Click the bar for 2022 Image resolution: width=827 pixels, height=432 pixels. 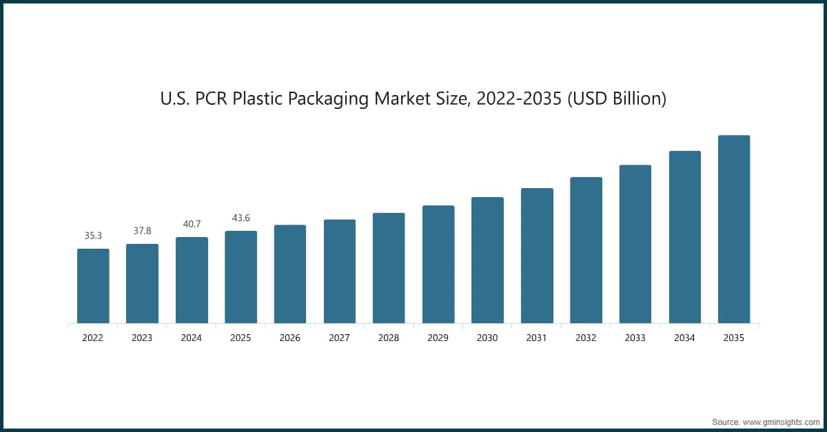pyautogui.click(x=93, y=286)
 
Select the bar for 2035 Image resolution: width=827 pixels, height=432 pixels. pyautogui.click(x=734, y=229)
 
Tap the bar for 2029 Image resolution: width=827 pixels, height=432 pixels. pyautogui.click(x=438, y=265)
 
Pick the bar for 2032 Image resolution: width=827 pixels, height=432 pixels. pyautogui.click(x=586, y=250)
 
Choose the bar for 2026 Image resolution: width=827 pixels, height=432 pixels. pyautogui.click(x=290, y=274)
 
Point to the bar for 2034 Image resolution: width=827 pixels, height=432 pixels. pyautogui.click(x=685, y=237)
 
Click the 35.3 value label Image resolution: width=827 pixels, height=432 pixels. pyautogui.click(x=93, y=236)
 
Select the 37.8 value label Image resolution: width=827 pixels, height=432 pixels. pyautogui.click(x=142, y=231)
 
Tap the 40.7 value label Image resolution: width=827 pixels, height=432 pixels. pyautogui.click(x=192, y=224)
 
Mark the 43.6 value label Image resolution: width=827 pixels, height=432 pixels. pyautogui.click(x=241, y=218)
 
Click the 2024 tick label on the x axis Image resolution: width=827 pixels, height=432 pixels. pyautogui.click(x=192, y=338)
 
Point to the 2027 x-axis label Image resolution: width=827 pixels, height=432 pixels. pyautogui.click(x=340, y=338)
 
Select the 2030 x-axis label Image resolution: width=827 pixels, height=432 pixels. pyautogui.click(x=487, y=338)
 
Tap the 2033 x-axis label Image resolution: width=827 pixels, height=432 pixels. pyautogui.click(x=635, y=338)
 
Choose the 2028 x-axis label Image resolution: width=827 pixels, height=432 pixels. pyautogui.click(x=389, y=338)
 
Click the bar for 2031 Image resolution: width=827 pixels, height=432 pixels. pyautogui.click(x=537, y=256)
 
